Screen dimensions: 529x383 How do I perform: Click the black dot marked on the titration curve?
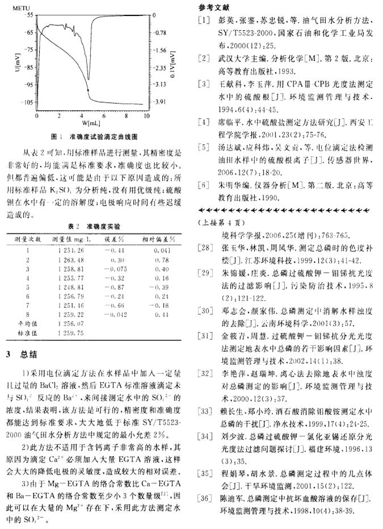pyautogui.click(x=88, y=90)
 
